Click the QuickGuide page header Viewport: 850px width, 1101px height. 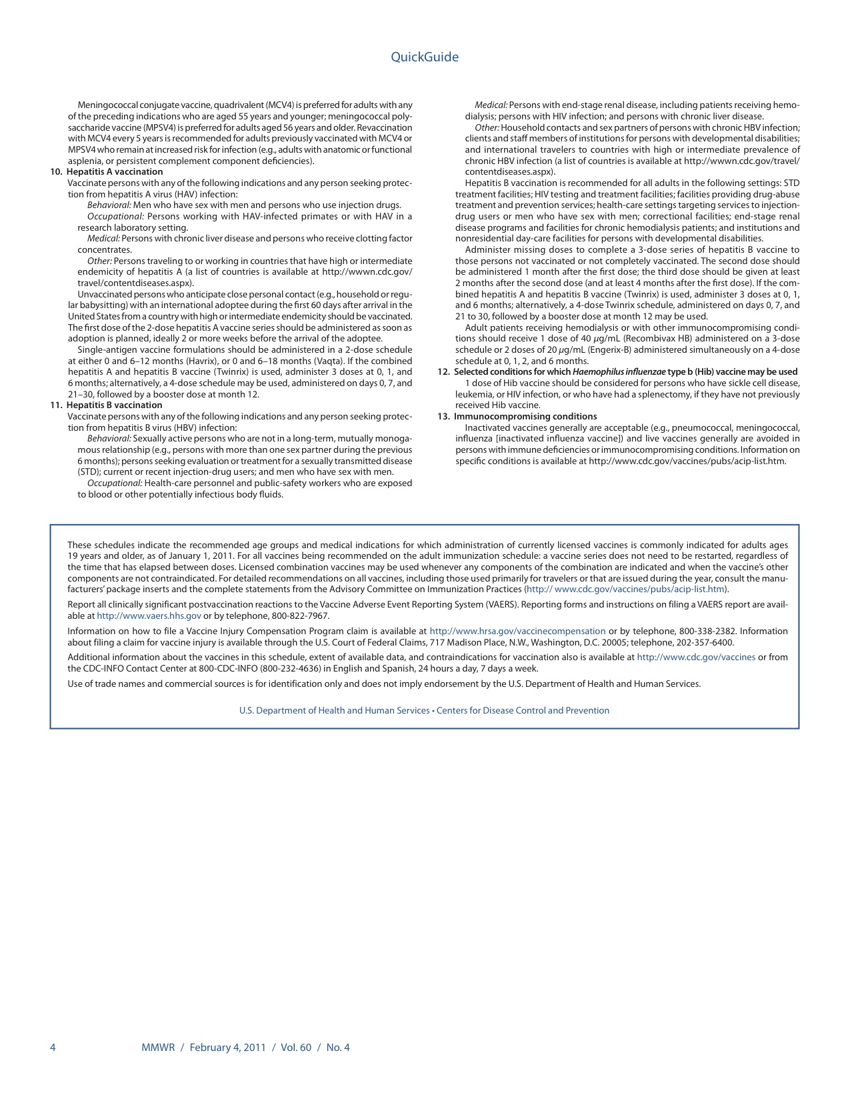click(x=425, y=57)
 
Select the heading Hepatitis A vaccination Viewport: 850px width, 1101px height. click(x=115, y=172)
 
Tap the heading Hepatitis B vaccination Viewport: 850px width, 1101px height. click(x=115, y=405)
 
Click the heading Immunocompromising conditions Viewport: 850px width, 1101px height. click(x=525, y=417)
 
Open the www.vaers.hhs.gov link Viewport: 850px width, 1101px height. click(x=149, y=616)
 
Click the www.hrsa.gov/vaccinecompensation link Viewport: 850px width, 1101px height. click(x=517, y=632)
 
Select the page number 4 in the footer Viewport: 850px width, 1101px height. click(x=53, y=1048)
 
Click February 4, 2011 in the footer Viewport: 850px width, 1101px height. click(x=227, y=1048)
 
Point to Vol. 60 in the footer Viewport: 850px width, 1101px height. click(x=296, y=1048)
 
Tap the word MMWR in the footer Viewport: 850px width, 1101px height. click(x=158, y=1048)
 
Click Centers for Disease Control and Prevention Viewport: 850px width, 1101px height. click(x=523, y=711)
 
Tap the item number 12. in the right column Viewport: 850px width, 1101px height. click(x=444, y=372)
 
